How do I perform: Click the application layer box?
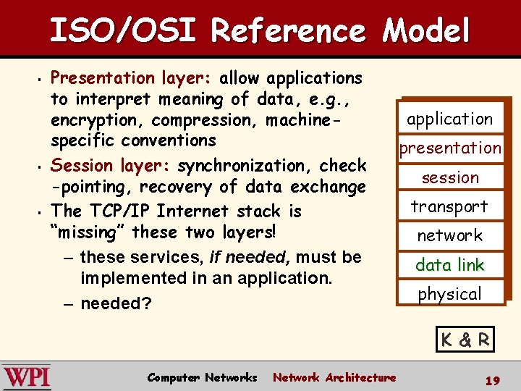point(449,119)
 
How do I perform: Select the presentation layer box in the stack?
point(449,148)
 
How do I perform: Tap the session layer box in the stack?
point(449,177)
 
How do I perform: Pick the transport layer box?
point(449,206)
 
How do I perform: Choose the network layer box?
point(449,235)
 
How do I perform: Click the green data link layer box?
point(449,265)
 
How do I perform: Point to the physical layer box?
point(449,294)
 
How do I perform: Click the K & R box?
point(466,339)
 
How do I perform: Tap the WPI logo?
point(27,377)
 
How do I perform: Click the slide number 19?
point(492,379)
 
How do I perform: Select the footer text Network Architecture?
point(334,377)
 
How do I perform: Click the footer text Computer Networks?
point(202,377)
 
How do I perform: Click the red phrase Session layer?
point(111,166)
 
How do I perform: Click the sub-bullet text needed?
point(116,303)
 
